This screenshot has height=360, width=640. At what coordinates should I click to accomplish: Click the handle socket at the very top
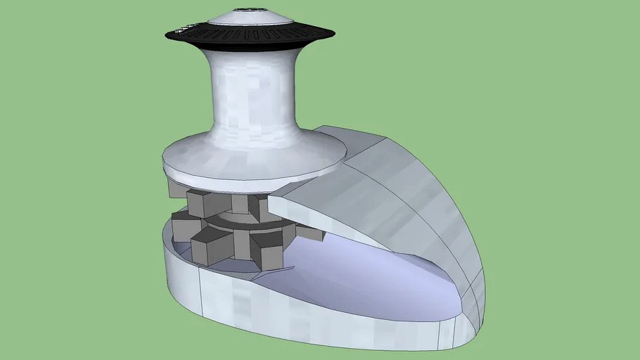coord(250,10)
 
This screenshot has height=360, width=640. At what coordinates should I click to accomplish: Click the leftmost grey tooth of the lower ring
coord(184,226)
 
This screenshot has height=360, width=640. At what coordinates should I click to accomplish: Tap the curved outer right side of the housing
coord(450,225)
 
